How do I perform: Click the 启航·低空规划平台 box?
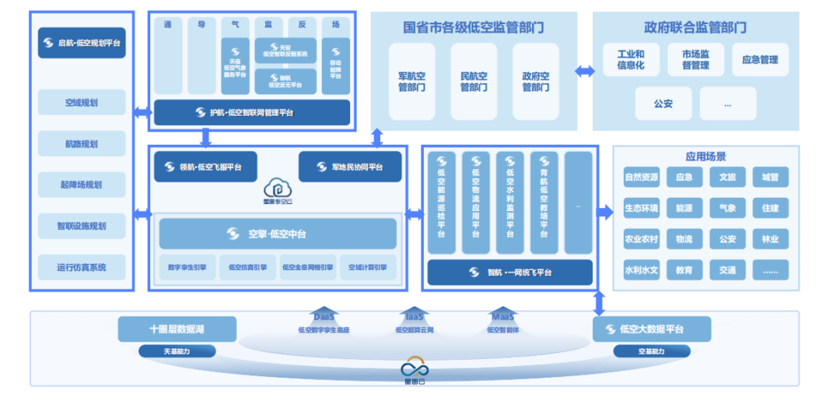click(x=82, y=43)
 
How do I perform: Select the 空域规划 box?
click(x=82, y=102)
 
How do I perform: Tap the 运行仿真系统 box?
click(x=82, y=267)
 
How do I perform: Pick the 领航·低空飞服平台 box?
click(x=205, y=167)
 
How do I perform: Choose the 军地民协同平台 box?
click(x=350, y=167)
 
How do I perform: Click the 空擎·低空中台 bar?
click(x=278, y=234)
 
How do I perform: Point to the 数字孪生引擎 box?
click(x=187, y=267)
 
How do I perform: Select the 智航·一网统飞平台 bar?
click(x=509, y=273)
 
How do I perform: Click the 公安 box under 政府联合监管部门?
click(x=663, y=103)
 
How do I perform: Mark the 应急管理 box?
click(x=760, y=60)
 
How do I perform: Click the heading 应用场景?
click(x=705, y=157)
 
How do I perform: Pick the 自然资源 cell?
click(x=642, y=177)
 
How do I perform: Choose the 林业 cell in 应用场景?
click(x=770, y=239)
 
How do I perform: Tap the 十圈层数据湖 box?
click(x=177, y=329)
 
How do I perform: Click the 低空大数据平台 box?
click(x=652, y=329)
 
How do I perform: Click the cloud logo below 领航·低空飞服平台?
click(x=278, y=189)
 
